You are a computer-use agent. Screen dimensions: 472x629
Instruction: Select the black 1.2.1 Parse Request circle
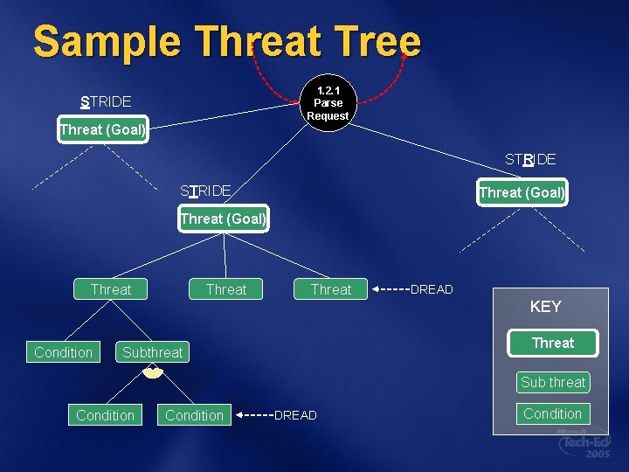[x=328, y=103]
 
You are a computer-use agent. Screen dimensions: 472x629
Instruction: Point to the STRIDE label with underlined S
[x=106, y=101]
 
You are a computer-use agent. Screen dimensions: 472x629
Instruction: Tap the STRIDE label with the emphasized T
[x=205, y=191]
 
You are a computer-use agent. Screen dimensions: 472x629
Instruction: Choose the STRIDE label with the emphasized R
[x=530, y=159]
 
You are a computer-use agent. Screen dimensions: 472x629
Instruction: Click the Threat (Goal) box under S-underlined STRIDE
[x=102, y=130]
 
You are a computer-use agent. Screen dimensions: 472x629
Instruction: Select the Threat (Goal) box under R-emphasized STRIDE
[x=522, y=192]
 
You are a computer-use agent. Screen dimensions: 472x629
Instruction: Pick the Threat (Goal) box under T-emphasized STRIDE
[x=223, y=219]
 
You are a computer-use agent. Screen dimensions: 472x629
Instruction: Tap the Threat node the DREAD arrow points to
[x=331, y=289]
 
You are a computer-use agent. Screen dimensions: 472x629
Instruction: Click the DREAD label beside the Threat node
[x=432, y=289]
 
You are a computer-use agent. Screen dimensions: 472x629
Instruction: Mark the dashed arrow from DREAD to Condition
[x=254, y=415]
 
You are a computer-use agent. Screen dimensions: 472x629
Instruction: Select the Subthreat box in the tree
[x=153, y=352]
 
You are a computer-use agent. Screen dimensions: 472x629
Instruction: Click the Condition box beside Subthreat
[x=63, y=352]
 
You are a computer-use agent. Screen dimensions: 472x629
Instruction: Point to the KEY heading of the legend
[x=545, y=307]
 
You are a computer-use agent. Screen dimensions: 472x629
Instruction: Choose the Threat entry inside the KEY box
[x=553, y=344]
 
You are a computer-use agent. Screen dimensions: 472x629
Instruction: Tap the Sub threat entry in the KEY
[x=553, y=382]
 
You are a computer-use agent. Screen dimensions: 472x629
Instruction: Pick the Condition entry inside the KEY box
[x=553, y=413]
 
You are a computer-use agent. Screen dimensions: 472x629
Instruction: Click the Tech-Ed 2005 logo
[x=584, y=443]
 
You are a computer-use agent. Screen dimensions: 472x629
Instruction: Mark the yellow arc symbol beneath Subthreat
[x=153, y=373]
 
